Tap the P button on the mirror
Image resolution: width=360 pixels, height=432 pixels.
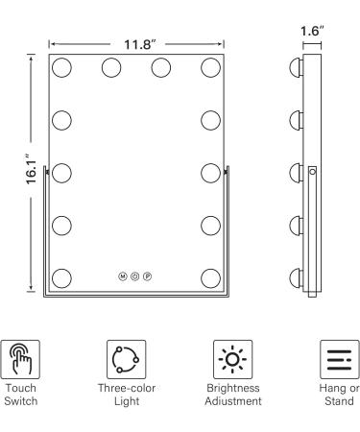(149, 276)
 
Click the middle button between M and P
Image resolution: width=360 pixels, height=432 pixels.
(135, 276)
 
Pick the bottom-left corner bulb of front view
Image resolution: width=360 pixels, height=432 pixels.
(62, 278)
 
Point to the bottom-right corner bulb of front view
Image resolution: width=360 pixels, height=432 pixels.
(211, 278)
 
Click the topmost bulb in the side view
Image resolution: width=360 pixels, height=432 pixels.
(294, 69)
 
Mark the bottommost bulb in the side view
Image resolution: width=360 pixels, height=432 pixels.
(294, 278)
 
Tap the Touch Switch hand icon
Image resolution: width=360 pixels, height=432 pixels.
(22, 356)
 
